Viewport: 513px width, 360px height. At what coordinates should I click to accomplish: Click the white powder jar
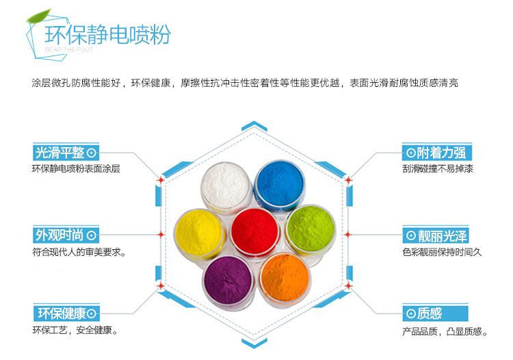[x=226, y=186]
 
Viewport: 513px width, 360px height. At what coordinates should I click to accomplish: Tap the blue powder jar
[x=279, y=185]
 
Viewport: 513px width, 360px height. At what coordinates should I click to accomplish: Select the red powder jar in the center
[x=254, y=231]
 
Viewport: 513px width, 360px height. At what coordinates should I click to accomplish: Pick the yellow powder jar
[x=199, y=233]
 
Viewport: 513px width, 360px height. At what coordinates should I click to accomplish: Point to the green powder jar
[x=310, y=229]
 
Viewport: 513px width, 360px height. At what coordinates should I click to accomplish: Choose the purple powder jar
[x=228, y=281]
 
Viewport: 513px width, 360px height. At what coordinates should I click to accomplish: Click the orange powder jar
[x=285, y=279]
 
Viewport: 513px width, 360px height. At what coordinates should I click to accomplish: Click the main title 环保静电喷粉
[x=107, y=34]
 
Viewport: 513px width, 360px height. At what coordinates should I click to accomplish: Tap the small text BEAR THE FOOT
[x=69, y=50]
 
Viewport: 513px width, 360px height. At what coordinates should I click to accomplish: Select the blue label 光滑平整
[x=66, y=153]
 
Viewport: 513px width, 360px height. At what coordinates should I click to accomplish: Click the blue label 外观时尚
[x=66, y=235]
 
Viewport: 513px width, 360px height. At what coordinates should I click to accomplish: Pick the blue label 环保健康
[x=66, y=313]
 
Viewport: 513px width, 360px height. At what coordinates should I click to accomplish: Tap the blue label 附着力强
[x=437, y=153]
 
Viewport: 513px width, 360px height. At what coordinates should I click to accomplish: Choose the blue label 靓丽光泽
[x=436, y=235]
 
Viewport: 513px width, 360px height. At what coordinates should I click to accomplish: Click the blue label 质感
[x=436, y=313]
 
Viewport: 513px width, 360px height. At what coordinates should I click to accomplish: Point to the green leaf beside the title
[x=39, y=16]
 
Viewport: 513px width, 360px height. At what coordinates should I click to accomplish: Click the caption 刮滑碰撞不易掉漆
[x=438, y=168]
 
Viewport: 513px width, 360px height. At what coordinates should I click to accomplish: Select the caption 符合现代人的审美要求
[x=79, y=252]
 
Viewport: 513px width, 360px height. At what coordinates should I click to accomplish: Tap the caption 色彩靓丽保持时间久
[x=442, y=252]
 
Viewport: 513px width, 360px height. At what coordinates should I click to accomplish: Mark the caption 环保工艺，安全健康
[x=75, y=330]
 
